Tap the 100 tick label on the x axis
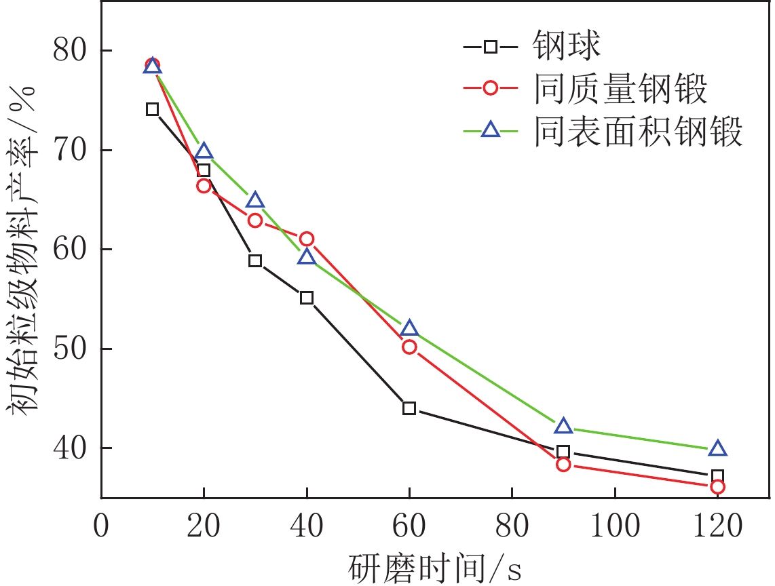[x=615, y=526]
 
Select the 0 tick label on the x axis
[x=101, y=526]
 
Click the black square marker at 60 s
[x=409, y=408]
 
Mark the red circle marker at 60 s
[x=409, y=347]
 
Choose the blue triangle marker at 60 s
[x=409, y=329]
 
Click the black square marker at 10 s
[x=153, y=109]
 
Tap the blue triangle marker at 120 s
[x=717, y=448]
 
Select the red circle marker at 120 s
[x=717, y=487]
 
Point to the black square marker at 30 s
[x=255, y=261]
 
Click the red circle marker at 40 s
[x=307, y=239]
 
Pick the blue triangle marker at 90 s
[x=563, y=426]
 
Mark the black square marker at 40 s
[x=307, y=298]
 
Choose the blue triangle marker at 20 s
[x=204, y=151]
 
